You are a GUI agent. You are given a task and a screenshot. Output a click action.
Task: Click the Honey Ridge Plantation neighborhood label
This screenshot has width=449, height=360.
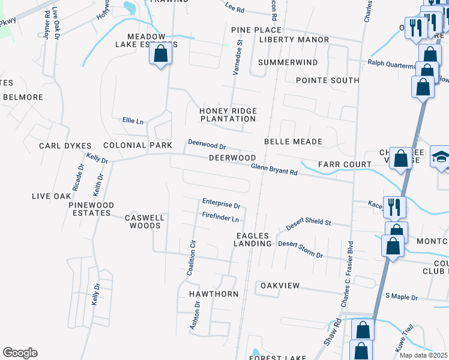pos(228,115)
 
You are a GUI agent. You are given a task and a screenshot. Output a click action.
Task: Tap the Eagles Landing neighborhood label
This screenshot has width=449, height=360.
pos(253,239)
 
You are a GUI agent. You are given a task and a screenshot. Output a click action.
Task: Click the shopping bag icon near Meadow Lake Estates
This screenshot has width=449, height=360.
pos(161,54)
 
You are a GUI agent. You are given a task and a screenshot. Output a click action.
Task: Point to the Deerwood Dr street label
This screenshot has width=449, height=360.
pos(206,145)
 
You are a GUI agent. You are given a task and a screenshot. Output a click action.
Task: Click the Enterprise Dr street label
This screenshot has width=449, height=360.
pos(221,205)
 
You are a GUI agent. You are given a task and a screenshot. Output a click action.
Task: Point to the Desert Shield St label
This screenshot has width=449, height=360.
pos(308,222)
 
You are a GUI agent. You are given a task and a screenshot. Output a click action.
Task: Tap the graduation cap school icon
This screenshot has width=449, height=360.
pos(440,156)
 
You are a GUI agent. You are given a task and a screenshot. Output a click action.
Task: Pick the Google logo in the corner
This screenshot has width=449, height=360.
pos(20,353)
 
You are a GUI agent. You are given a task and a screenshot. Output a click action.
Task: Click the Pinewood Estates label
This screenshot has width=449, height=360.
pos(89,209)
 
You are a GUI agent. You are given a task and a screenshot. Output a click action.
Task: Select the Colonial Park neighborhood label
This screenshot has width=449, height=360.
pos(133,145)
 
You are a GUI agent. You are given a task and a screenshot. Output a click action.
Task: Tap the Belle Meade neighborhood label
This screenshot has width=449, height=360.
pos(293,142)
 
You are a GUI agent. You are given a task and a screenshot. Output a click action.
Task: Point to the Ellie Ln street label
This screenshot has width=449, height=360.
pos(133,121)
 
